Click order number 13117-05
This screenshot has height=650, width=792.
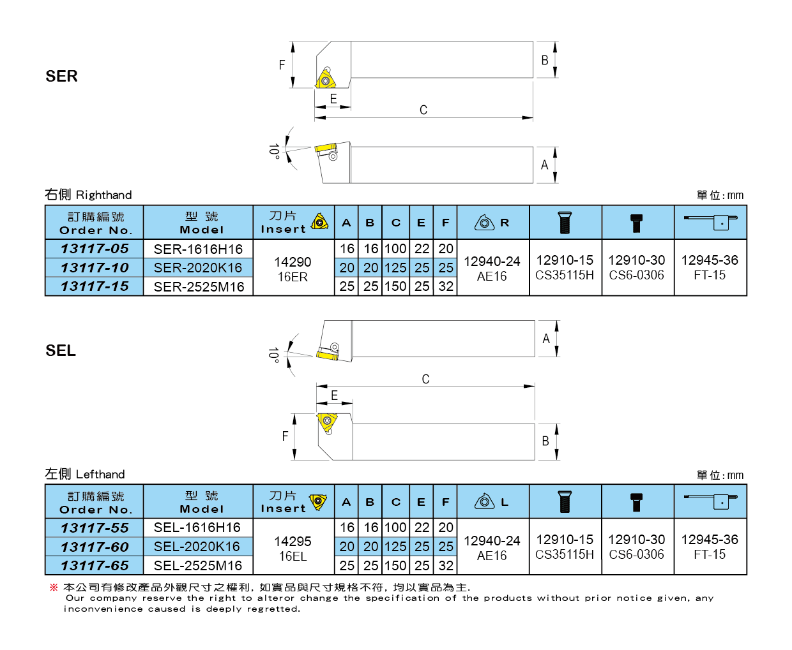(95, 249)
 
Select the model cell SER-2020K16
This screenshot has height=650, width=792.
(198, 268)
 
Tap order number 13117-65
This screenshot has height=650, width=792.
(95, 566)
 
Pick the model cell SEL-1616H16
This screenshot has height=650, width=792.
(197, 528)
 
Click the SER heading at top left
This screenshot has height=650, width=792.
(61, 77)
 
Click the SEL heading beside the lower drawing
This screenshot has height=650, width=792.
(61, 351)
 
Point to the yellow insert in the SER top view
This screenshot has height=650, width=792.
(324, 80)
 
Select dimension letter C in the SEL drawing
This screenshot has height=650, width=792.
(425, 379)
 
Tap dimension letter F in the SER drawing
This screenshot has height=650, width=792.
(282, 65)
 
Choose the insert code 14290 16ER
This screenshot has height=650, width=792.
(293, 269)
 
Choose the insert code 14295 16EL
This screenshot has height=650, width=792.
(293, 549)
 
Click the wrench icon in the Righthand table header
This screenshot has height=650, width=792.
(710, 222)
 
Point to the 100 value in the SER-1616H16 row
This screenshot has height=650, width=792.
(395, 249)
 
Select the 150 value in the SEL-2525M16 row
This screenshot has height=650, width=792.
(395, 566)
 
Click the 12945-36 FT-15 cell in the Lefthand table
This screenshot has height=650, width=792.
(710, 547)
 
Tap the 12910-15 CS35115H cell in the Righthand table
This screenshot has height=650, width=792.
(565, 268)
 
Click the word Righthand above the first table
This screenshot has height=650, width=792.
(103, 195)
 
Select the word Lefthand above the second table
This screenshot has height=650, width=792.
(100, 475)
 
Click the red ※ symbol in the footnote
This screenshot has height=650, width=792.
(54, 587)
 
